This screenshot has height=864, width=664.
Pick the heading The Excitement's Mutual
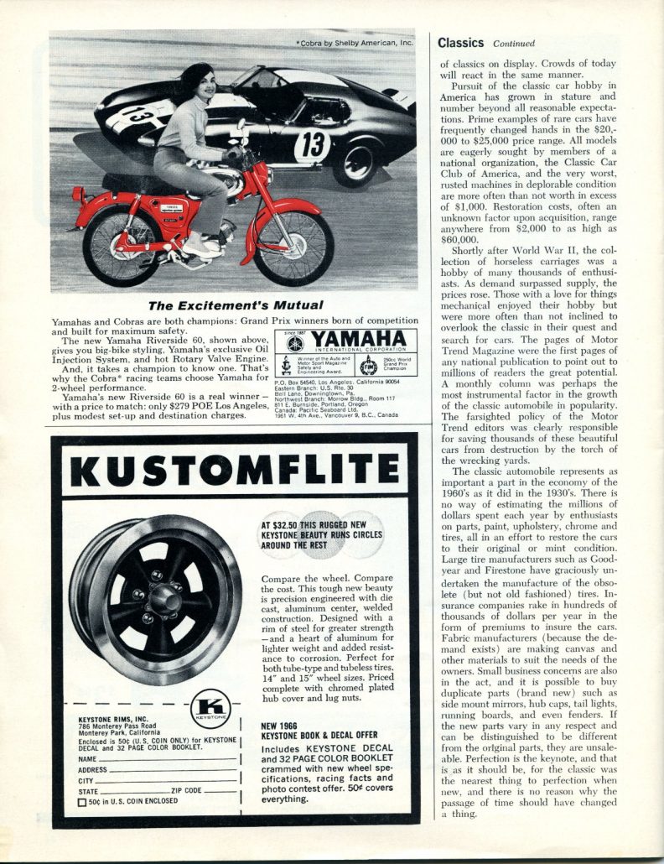point(235,304)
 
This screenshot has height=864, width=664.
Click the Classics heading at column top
point(460,42)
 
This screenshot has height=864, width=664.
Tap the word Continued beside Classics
point(514,43)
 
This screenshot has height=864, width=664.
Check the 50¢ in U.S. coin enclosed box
point(82,802)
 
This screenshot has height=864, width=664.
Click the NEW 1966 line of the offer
point(281,726)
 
